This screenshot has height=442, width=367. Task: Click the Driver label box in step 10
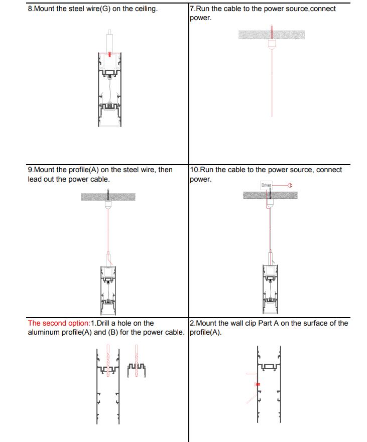[266, 186]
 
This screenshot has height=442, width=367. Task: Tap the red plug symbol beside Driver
[290, 186]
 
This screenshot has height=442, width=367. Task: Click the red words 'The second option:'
[59, 324]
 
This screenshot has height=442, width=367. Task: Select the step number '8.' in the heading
[31, 9]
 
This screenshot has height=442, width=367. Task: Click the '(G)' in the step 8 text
[104, 9]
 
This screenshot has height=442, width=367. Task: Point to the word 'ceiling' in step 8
[146, 9]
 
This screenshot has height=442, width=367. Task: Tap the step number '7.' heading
[193, 9]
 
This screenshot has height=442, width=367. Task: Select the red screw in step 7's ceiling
[272, 32]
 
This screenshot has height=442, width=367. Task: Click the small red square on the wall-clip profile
[258, 384]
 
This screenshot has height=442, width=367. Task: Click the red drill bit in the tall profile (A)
[107, 360]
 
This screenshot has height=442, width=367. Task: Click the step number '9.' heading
[31, 170]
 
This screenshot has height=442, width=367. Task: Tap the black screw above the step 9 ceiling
[107, 191]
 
